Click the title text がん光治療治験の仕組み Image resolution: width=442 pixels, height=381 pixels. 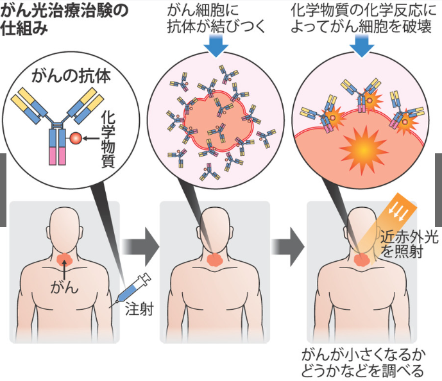coord(64,20)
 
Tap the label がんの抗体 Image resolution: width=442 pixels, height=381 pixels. coord(71,76)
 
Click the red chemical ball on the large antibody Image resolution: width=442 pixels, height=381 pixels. coord(76,139)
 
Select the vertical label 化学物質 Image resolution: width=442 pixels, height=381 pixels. coord(108,139)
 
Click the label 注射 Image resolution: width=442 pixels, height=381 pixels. coord(139,309)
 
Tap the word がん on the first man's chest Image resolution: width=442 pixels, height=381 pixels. coord(64,287)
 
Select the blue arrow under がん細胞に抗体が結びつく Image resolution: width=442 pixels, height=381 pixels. coord(216,46)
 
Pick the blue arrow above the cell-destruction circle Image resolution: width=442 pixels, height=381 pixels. coord(362,46)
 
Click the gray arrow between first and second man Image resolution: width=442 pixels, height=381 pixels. coord(140,247)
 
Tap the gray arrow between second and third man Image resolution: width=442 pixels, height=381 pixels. coord(287,247)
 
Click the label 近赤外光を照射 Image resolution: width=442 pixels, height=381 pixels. coord(409,244)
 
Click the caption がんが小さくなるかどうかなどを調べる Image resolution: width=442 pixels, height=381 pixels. coord(363,363)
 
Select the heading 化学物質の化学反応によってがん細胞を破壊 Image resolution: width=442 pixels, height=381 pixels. coord(363,19)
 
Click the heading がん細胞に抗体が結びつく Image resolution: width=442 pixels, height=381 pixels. coord(216,19)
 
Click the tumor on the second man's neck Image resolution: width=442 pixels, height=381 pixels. coord(216,260)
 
